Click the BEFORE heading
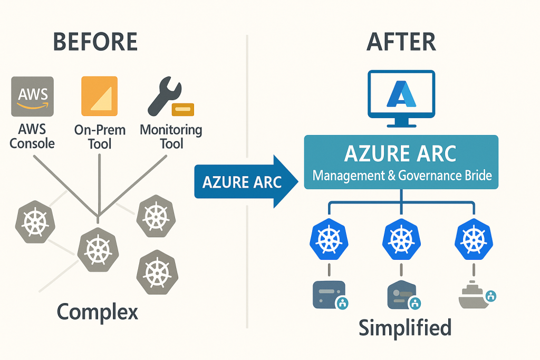pos(96,42)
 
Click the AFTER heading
pos(401,42)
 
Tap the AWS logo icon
pos(33,96)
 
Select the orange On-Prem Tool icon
pos(99,96)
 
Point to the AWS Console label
pos(32,136)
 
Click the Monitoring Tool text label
pos(171,136)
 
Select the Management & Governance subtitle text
pos(402,175)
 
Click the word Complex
pos(98,312)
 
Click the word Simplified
pos(405,327)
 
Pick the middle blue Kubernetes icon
pos(402,240)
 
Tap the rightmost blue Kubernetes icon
pos(472,240)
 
